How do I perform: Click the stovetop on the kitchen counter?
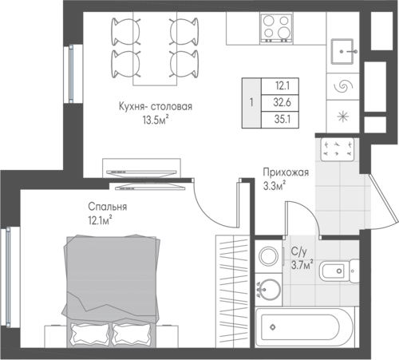coord(277,28)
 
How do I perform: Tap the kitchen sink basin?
coord(342,51)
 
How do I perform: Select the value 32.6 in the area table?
coord(282,102)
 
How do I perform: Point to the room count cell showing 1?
coord(251,103)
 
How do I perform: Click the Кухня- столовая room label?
coord(156,106)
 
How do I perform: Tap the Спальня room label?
coord(108,207)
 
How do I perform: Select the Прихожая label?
coord(286,172)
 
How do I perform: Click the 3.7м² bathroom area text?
coord(302,265)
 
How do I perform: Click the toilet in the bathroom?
coord(339,271)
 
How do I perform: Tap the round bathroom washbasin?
coord(269,289)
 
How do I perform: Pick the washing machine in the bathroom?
coord(268,256)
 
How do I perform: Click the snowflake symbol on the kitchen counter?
coord(343,117)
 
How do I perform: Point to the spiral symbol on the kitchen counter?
coord(343,86)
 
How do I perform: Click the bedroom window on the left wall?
coord(9,277)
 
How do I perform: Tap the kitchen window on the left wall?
coord(71,73)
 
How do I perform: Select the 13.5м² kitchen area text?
coord(156,121)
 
